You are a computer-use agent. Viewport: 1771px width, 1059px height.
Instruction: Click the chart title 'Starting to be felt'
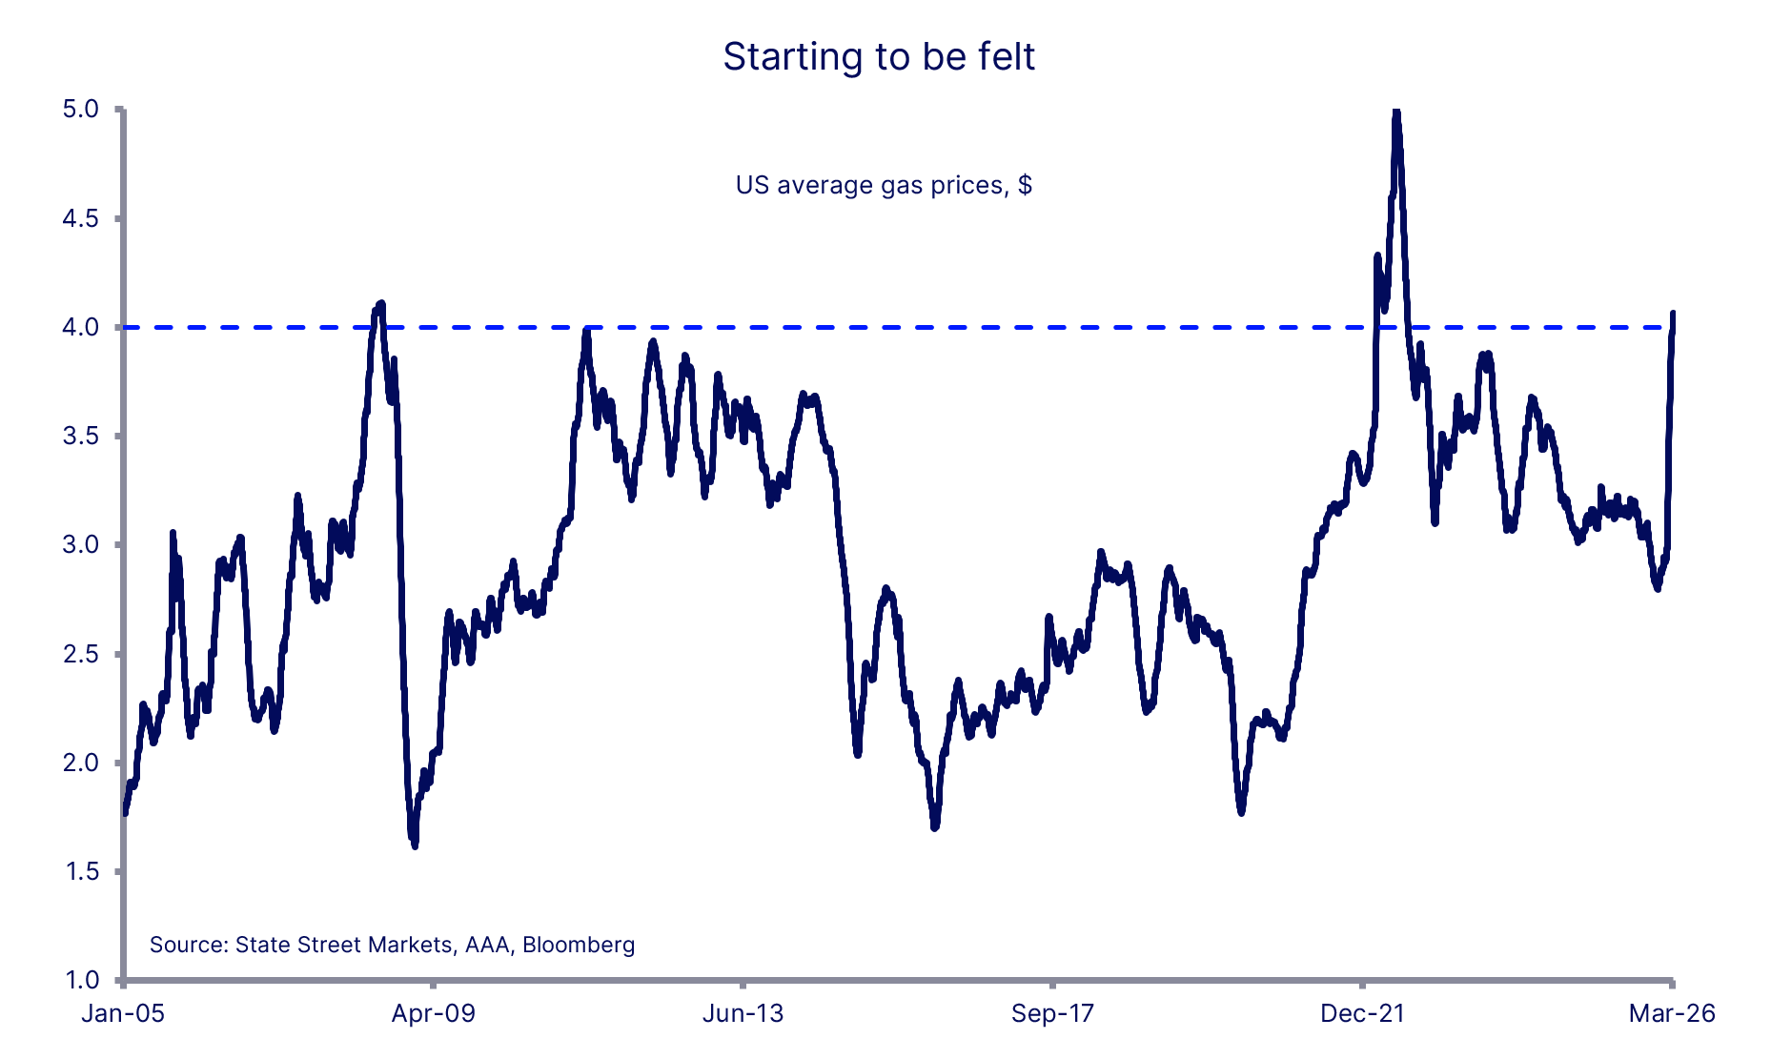(x=878, y=57)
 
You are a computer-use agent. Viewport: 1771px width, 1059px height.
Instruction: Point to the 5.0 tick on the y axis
(x=81, y=110)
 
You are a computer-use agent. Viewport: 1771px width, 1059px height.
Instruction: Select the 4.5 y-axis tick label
(x=81, y=218)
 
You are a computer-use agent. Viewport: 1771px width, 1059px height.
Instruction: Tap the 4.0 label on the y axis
(x=81, y=328)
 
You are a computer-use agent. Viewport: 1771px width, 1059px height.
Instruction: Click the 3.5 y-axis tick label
(x=81, y=437)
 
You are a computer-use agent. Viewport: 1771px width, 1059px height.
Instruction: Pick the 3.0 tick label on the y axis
(x=81, y=545)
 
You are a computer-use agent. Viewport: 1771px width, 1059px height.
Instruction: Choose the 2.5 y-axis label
(x=81, y=654)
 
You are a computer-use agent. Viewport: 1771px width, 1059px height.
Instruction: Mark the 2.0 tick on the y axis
(x=81, y=763)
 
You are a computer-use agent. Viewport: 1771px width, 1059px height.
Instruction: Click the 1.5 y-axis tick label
(x=81, y=871)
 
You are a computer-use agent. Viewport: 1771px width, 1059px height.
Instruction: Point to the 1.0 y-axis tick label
(x=81, y=980)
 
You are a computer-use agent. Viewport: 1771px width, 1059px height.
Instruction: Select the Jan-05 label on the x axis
(x=123, y=1013)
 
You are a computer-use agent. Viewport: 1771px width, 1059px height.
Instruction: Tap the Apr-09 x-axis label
(x=433, y=1013)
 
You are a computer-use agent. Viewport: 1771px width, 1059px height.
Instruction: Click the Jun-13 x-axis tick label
(x=743, y=1013)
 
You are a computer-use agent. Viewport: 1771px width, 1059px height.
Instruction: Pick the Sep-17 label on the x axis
(x=1052, y=1013)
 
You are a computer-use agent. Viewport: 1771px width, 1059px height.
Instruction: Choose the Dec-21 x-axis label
(x=1362, y=1013)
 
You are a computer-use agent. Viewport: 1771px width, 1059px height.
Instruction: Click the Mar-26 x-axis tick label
(x=1672, y=1013)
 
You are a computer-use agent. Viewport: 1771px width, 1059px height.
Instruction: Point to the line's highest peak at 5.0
(x=1396, y=112)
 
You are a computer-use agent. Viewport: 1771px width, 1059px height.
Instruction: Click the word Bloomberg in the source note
(x=579, y=945)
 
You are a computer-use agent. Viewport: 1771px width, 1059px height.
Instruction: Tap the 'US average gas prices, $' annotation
(x=884, y=185)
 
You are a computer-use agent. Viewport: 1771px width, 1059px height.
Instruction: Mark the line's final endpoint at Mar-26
(x=1673, y=314)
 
